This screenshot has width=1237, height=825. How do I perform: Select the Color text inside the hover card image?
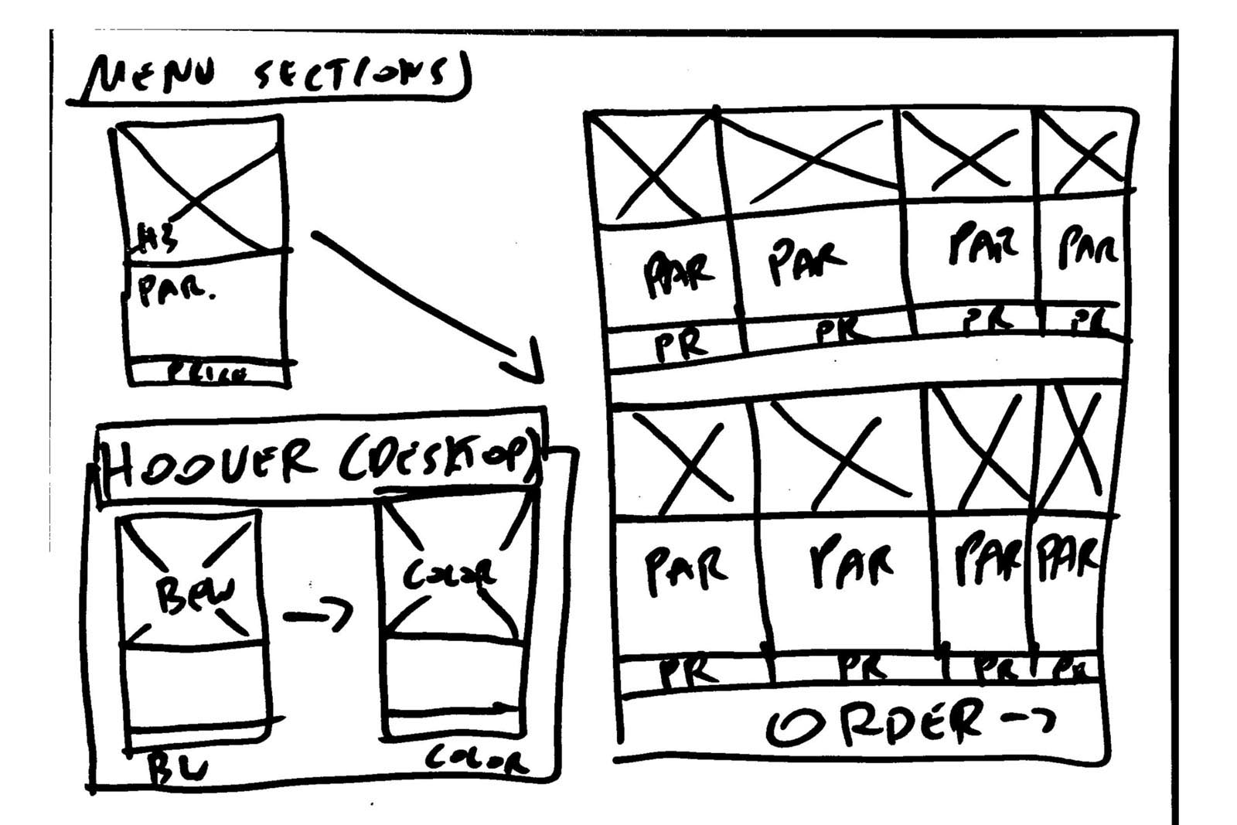(x=449, y=576)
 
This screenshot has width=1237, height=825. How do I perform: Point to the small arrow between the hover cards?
(x=317, y=615)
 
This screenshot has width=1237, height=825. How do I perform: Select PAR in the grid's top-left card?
(x=676, y=274)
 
